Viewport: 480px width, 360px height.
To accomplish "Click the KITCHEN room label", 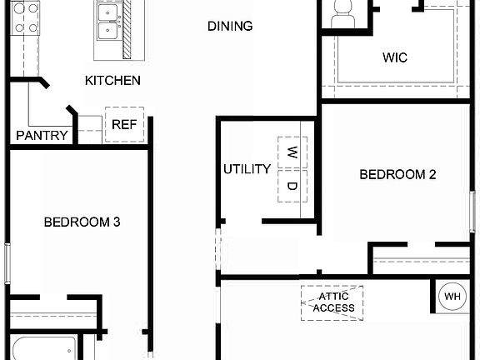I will [x=112, y=81].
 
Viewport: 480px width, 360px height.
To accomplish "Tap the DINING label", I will [x=230, y=26].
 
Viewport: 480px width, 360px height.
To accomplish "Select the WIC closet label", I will [x=395, y=57].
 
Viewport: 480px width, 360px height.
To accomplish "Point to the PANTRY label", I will [x=42, y=135].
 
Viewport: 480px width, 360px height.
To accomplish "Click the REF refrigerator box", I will [x=124, y=125].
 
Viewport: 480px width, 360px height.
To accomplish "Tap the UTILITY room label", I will [x=247, y=169].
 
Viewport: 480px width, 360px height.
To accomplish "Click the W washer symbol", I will [x=292, y=152].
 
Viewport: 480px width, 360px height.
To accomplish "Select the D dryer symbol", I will [x=292, y=186].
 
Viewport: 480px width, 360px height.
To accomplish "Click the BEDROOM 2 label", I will [x=397, y=174].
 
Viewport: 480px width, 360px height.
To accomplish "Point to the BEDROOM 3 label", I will [x=82, y=222].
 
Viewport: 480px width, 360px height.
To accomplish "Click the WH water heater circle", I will [x=452, y=296].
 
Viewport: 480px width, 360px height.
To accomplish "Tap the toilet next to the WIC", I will [x=342, y=12].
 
